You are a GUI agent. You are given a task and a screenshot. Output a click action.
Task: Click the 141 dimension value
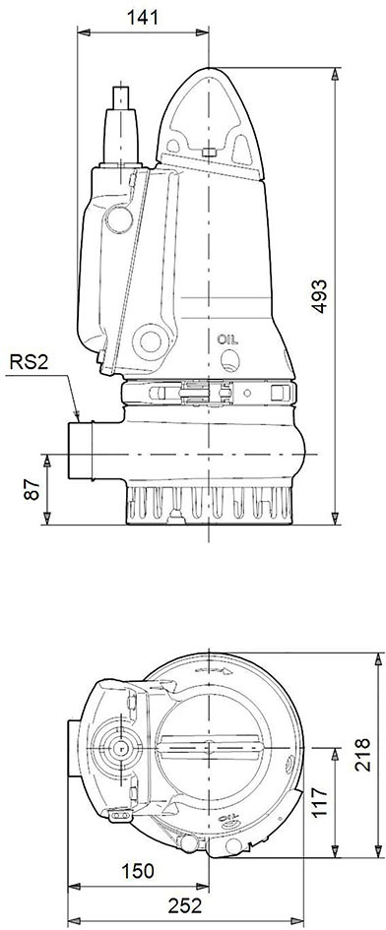tap(143, 17)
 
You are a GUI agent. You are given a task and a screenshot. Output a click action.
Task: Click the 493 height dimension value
tap(321, 295)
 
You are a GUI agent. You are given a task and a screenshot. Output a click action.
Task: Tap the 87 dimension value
tap(32, 488)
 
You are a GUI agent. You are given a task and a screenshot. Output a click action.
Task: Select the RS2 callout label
tap(29, 362)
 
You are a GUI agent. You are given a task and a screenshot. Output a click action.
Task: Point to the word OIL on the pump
tap(227, 340)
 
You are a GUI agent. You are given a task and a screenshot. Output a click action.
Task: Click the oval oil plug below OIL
tap(229, 359)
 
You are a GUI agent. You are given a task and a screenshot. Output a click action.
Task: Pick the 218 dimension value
tap(362, 755)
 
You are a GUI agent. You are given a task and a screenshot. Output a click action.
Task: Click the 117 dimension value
tap(319, 802)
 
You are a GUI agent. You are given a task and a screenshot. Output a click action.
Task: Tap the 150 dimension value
tap(137, 871)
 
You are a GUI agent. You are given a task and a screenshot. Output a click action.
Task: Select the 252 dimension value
tap(185, 905)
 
